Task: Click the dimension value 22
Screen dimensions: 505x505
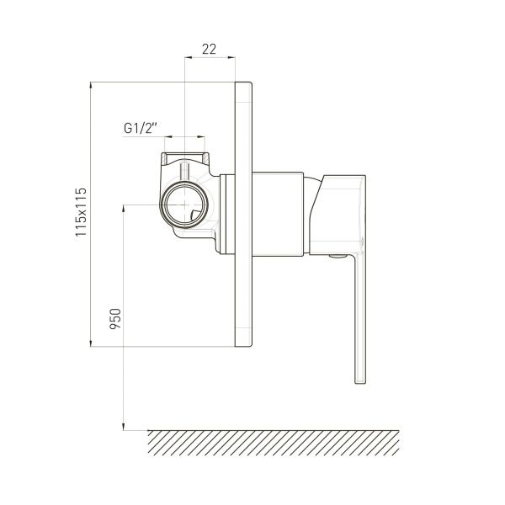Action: pyautogui.click(x=209, y=49)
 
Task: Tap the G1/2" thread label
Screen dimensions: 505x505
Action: pyautogui.click(x=140, y=128)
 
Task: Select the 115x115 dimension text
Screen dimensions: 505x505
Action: pyautogui.click(x=81, y=212)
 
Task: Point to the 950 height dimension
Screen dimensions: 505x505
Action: pyautogui.click(x=115, y=318)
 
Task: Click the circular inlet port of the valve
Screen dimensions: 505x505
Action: pyautogui.click(x=184, y=205)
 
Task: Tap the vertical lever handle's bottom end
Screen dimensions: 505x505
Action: pyautogui.click(x=360, y=382)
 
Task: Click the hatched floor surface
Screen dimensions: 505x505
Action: pyautogui.click(x=274, y=443)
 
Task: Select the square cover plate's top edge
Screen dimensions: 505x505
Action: pyautogui.click(x=243, y=82)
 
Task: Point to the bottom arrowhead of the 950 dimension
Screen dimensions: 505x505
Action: pyautogui.click(x=124, y=426)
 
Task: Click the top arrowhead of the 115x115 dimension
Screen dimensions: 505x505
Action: pyautogui.click(x=91, y=87)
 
